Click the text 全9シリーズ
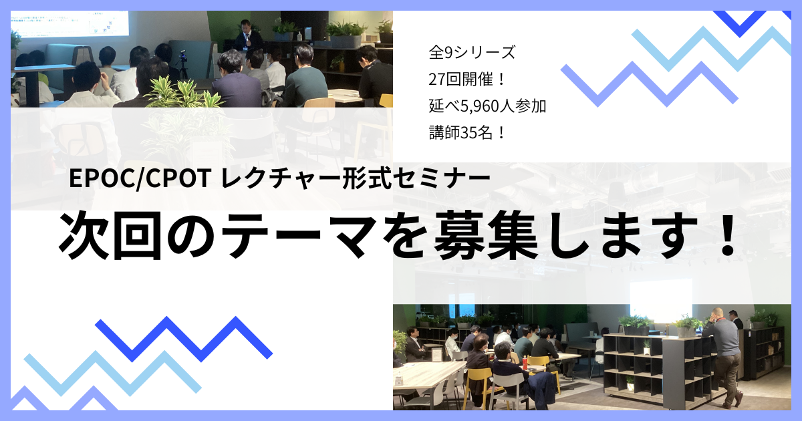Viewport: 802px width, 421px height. (x=472, y=53)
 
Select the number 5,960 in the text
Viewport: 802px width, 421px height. (x=480, y=106)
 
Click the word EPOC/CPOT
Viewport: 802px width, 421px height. (x=140, y=178)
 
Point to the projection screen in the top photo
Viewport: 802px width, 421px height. (x=70, y=23)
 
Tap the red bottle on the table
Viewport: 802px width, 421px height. (x=525, y=362)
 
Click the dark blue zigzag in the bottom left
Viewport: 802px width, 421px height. (x=184, y=339)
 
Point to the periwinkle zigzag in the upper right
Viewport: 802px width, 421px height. (x=650, y=84)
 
